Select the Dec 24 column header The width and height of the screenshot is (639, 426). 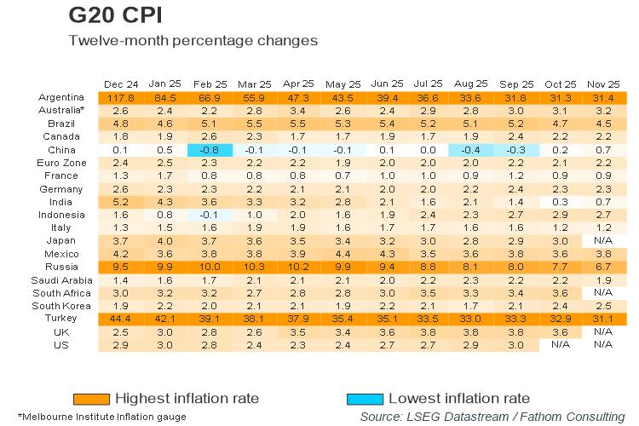119,83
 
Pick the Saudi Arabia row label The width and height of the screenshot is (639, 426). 55,279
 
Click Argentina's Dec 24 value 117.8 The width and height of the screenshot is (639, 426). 119,97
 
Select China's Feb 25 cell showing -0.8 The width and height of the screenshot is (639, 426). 209,149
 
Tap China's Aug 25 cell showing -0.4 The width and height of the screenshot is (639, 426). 470,149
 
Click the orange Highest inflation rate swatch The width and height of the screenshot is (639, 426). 91,398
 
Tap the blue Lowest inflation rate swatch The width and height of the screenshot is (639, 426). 366,398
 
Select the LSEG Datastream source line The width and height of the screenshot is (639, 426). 492,416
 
